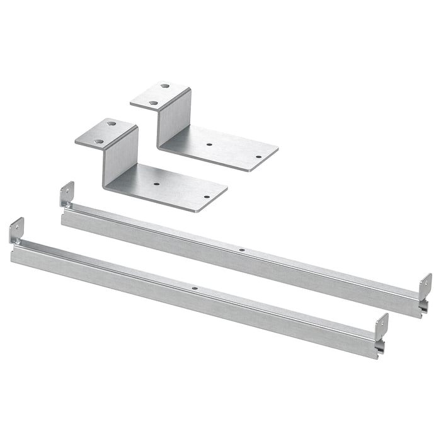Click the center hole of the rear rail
coord(242,249)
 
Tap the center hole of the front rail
coord(195,289)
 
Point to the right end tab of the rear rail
coord(425,286)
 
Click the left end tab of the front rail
coord(16,231)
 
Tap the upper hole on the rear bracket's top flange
coord(164,86)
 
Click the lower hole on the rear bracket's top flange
coord(153,102)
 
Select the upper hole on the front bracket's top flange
coord(111,124)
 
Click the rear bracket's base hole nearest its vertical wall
coord(209,144)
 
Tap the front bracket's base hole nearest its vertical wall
coord(157,185)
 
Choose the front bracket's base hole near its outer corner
coord(207,197)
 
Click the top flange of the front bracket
coord(106,133)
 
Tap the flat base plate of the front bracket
coord(170,189)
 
